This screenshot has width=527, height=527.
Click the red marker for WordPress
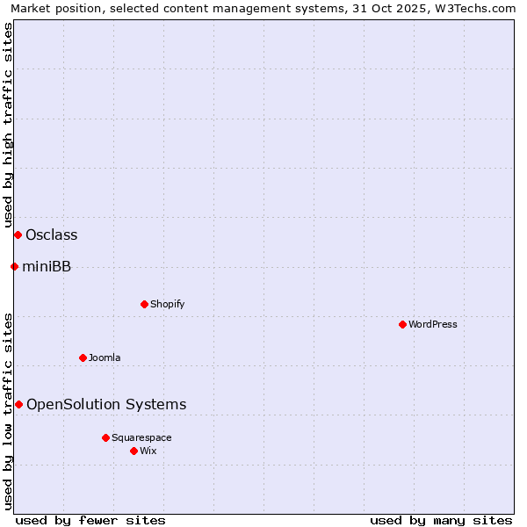pos(402,324)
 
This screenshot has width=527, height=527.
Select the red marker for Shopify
pos(144,304)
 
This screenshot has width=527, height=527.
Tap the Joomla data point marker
pos(83,357)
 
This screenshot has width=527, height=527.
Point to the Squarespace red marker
pos(105,437)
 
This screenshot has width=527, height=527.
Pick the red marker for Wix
pos(134,451)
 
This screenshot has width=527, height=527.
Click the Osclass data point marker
pos(18,235)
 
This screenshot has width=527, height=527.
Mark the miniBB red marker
pos(14,266)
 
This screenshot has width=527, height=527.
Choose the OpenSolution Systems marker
pos(18,404)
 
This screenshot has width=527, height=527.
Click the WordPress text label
pos(433,324)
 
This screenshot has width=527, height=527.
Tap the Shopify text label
pos(167,304)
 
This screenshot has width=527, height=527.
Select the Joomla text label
pos(105,357)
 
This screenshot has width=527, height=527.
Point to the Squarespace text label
pos(141,437)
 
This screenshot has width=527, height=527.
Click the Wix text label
pos(148,451)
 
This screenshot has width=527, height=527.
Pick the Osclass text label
pos(52,235)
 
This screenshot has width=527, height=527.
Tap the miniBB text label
pos(47,266)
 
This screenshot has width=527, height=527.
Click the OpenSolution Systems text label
pos(106,404)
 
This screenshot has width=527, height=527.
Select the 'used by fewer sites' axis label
pos(90,520)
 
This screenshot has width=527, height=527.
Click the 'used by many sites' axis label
pos(441,520)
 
